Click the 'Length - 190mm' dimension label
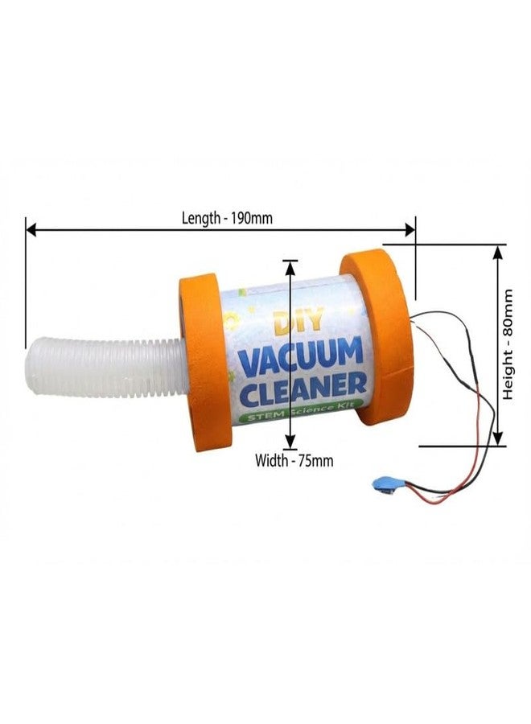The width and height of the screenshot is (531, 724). coord(227,217)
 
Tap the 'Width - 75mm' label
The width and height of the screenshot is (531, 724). coord(294,460)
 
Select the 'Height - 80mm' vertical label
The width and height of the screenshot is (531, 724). coord(508,344)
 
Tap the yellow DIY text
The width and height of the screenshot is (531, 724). coord(297,321)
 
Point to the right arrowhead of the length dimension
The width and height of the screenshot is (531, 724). coord(410,229)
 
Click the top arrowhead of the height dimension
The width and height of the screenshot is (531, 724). coord(498,252)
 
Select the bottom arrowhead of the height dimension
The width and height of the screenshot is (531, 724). coord(498,438)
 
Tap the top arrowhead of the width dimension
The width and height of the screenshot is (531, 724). coord(290,268)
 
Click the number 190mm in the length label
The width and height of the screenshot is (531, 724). coord(251,217)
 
